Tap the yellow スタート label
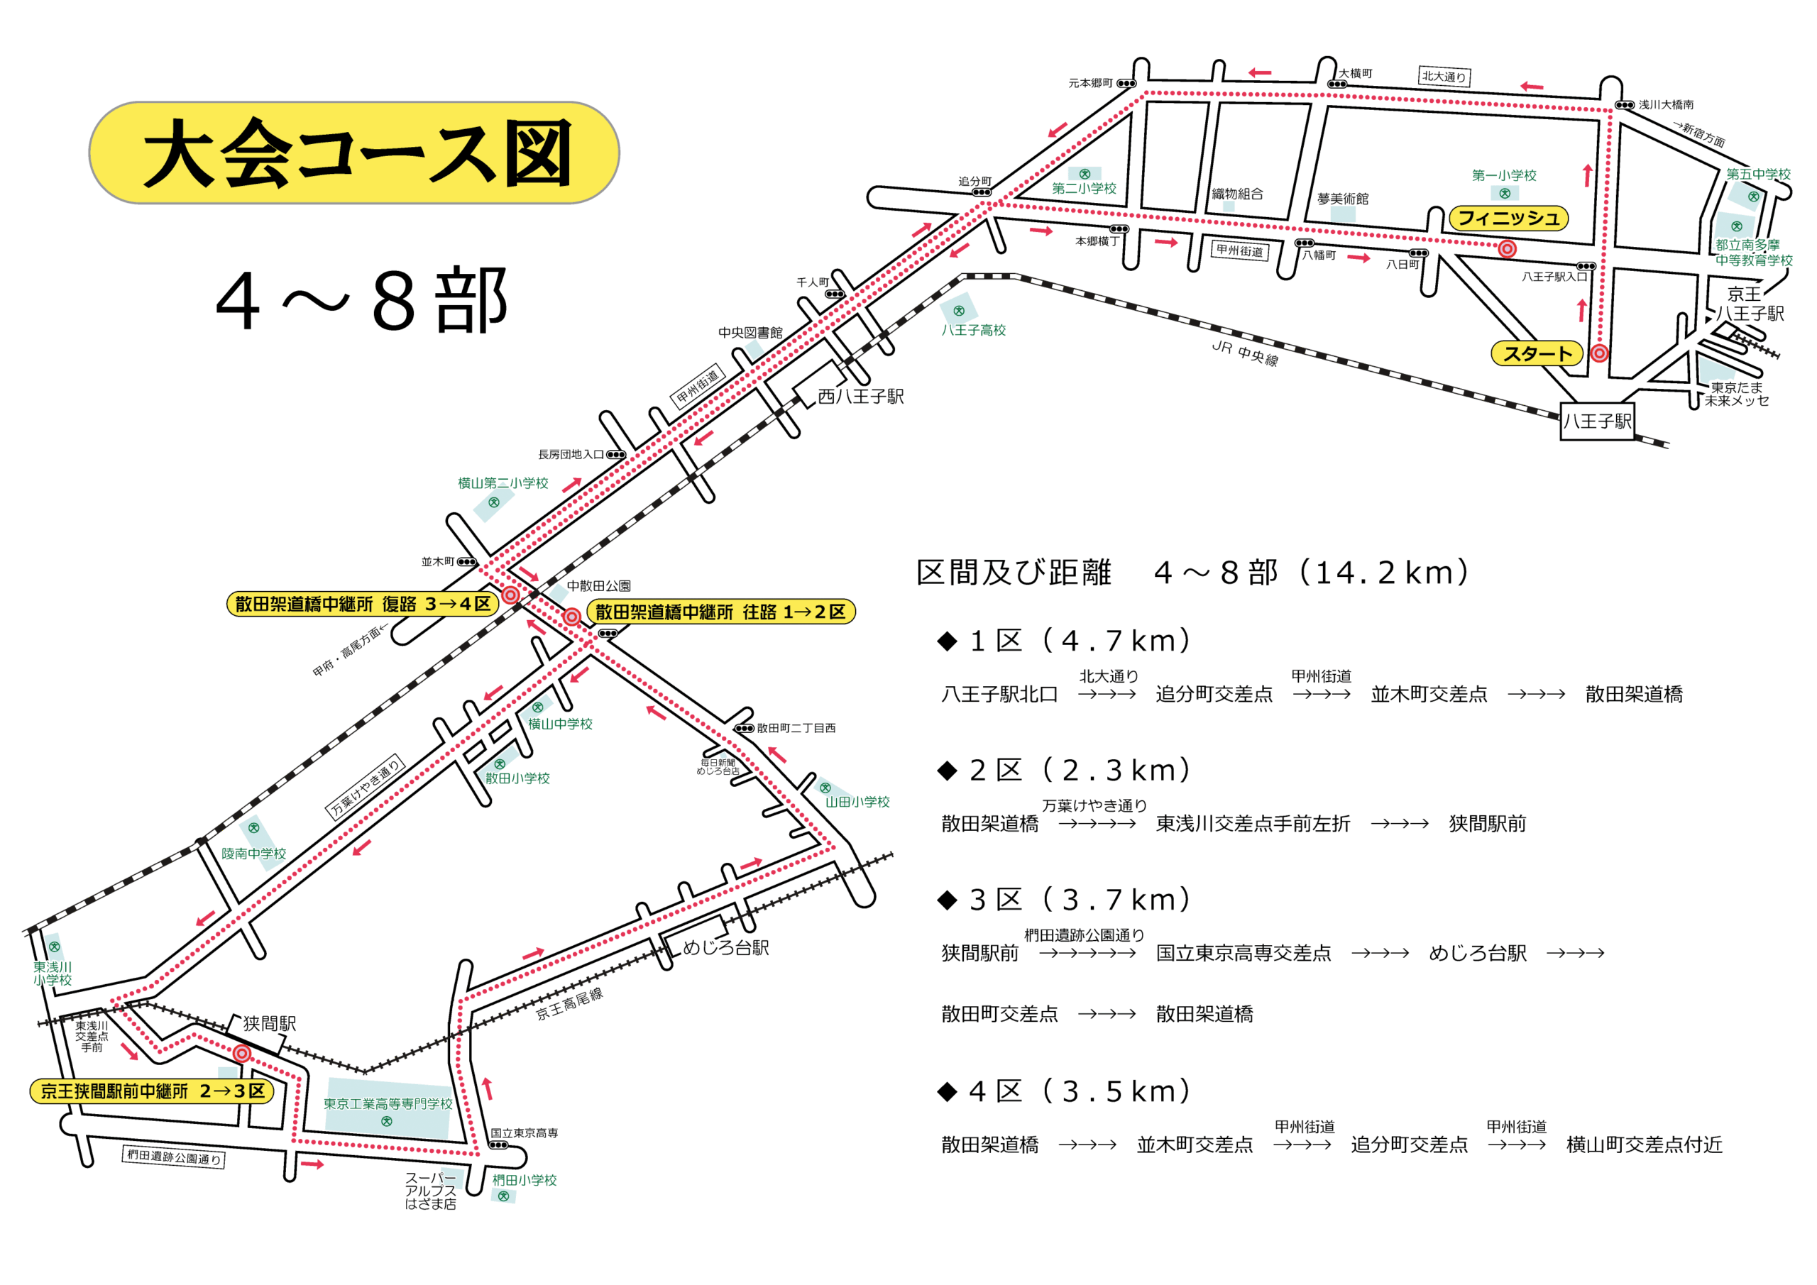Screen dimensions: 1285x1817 (1536, 353)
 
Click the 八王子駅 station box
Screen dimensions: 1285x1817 (1597, 421)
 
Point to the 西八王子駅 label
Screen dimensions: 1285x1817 (860, 397)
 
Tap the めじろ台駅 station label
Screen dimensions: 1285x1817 (725, 947)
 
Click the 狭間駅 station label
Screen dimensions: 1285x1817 (269, 1023)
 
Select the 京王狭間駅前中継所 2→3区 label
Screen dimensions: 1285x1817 (152, 1091)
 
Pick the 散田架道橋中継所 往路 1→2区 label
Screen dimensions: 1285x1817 (720, 612)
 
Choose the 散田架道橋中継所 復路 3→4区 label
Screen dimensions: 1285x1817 (363, 605)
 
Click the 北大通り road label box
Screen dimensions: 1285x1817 (1444, 77)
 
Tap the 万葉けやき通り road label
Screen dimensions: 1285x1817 (365, 785)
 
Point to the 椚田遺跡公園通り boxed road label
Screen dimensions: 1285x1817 (173, 1157)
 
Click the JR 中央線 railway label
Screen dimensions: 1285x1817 (1245, 353)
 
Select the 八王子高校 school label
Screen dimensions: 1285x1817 (972, 330)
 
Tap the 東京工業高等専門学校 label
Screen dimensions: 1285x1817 (388, 1104)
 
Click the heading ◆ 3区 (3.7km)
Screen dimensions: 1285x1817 (1065, 900)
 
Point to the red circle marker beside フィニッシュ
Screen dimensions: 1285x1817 (1507, 249)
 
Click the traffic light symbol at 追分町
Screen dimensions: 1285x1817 (982, 192)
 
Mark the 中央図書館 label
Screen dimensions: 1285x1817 (750, 332)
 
